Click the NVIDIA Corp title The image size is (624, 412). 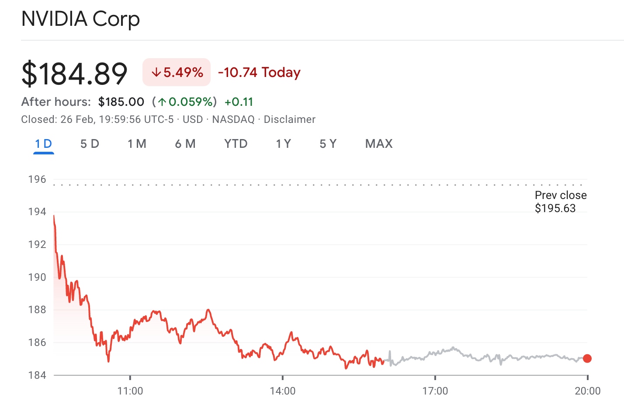pos(80,19)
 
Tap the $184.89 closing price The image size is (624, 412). pos(74,73)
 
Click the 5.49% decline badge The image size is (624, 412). pos(177,72)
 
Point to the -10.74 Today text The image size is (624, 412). pos(259,72)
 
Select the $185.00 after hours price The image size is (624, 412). pos(121,102)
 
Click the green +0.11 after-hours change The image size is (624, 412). pos(239,102)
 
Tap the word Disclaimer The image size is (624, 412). pos(289,119)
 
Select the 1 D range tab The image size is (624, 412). pos(43,144)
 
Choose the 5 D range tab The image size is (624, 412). pos(90,144)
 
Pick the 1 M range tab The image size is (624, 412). pos(137,144)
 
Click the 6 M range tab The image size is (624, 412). pos(185,144)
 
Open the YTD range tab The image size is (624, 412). pos(236,144)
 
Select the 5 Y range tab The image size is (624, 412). pos(328,144)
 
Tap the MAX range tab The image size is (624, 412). pos(379,144)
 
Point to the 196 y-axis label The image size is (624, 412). pos(37,179)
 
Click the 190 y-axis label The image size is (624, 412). pos(37,277)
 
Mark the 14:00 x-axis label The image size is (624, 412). pos(282,391)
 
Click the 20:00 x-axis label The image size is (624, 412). pos(587,391)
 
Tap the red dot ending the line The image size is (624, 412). pos(587,359)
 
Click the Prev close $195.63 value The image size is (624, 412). pos(555,208)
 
